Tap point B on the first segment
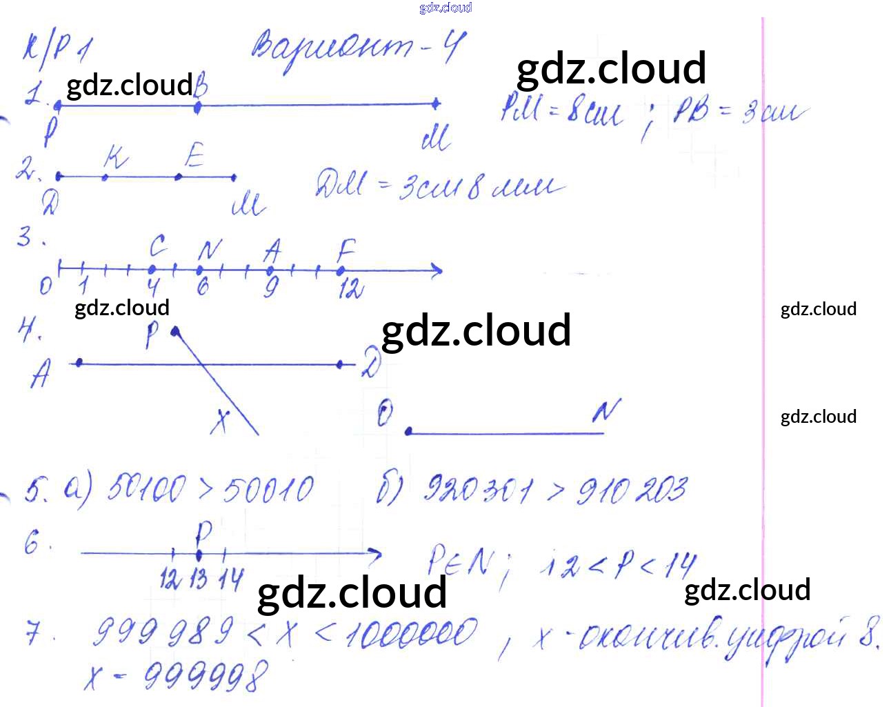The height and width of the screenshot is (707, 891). [x=198, y=107]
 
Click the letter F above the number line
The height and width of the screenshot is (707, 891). [x=346, y=249]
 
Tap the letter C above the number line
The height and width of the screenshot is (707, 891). [x=157, y=246]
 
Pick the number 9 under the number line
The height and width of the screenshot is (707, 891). [x=271, y=287]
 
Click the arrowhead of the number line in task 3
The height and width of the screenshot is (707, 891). [x=435, y=271]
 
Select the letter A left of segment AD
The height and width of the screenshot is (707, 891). [x=41, y=376]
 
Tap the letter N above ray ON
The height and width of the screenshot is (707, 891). [x=605, y=411]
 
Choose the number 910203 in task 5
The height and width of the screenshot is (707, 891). [x=631, y=490]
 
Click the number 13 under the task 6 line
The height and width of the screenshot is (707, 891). [x=198, y=578]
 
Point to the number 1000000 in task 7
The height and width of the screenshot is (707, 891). [x=412, y=634]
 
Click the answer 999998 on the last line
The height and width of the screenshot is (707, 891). [x=206, y=676]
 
